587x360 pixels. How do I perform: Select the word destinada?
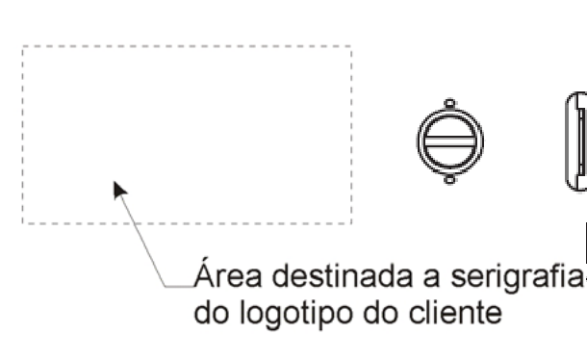click(x=343, y=275)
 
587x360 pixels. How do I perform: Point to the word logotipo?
click(x=296, y=313)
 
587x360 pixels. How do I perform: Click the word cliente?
click(x=455, y=311)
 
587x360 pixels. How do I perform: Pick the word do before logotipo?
click(x=211, y=311)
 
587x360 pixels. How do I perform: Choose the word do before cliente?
click(x=380, y=311)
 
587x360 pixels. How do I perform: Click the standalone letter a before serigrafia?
click(x=431, y=279)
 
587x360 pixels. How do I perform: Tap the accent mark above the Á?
click(x=204, y=260)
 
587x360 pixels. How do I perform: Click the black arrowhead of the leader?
click(x=119, y=190)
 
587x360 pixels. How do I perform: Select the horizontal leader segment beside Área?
click(x=180, y=287)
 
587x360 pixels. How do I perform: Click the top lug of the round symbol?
click(x=450, y=103)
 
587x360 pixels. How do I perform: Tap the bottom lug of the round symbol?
click(x=450, y=180)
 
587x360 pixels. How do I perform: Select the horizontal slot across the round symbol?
click(x=450, y=141)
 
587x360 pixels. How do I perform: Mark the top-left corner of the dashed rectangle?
click(x=23, y=46)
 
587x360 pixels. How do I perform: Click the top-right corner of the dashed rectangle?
click(x=351, y=46)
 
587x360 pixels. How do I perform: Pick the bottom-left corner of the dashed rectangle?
click(x=23, y=223)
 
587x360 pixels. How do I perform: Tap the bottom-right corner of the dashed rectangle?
click(x=351, y=223)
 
